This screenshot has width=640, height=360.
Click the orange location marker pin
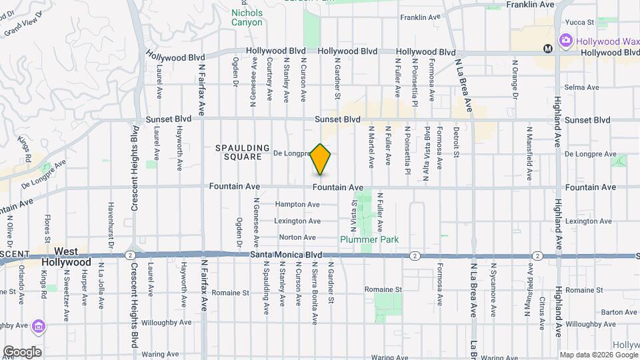coord(321,159)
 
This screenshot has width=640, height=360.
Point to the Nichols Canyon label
coord(247,17)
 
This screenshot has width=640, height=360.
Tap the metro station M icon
coord(547,48)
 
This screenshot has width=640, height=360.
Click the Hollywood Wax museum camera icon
coord(565,41)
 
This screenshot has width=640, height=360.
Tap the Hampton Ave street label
coord(295,204)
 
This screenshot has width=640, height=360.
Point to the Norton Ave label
coord(297,237)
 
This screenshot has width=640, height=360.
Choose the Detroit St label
coord(457,143)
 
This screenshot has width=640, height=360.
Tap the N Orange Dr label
coord(515,79)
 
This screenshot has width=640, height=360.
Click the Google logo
coord(22,352)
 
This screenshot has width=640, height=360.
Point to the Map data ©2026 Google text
coord(598,354)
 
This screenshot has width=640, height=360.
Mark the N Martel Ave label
coord(371,146)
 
